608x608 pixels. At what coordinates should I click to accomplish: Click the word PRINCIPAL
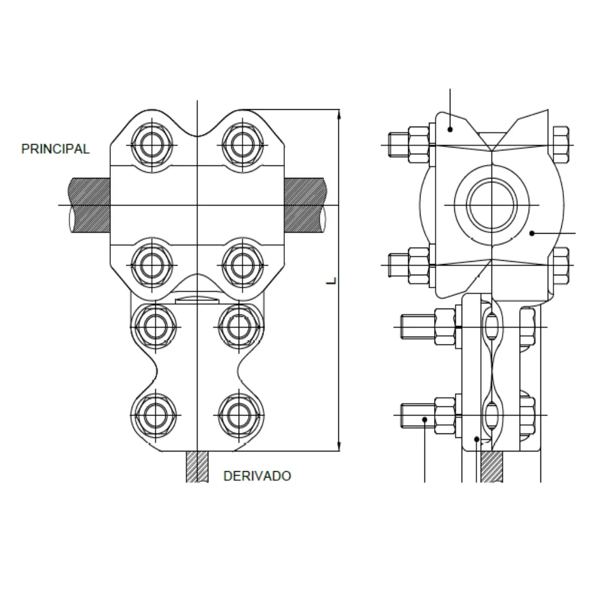coord(55,149)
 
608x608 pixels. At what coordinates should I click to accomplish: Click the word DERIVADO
coord(257,476)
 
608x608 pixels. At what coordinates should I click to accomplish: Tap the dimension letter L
coord(331,281)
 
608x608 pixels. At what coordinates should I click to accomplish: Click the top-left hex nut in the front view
coord(151,145)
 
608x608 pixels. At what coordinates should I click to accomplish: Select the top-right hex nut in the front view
coord(242,145)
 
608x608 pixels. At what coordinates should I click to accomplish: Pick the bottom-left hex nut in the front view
coord(155,415)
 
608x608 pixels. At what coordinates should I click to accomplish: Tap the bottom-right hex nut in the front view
coord(239,415)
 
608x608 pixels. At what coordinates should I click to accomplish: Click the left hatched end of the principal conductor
coord(89,205)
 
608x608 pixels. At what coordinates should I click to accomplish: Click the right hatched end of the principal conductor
coord(305,205)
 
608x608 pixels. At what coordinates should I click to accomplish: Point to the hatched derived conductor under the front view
coord(197,467)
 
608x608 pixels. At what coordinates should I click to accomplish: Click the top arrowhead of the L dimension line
coord(339,113)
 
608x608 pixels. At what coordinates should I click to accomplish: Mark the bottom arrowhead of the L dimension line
coord(339,446)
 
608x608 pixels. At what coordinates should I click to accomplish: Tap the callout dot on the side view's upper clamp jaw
coord(450,129)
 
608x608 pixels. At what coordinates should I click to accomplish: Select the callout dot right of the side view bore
coord(532,233)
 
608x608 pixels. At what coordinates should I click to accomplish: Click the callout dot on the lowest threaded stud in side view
coord(424,419)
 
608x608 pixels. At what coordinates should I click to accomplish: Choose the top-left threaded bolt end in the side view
coord(399,145)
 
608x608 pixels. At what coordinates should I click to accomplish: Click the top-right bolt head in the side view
coord(561,145)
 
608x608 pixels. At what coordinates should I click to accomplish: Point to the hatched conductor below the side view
coord(491,467)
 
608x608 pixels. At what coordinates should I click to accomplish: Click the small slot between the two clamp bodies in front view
coord(197,301)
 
